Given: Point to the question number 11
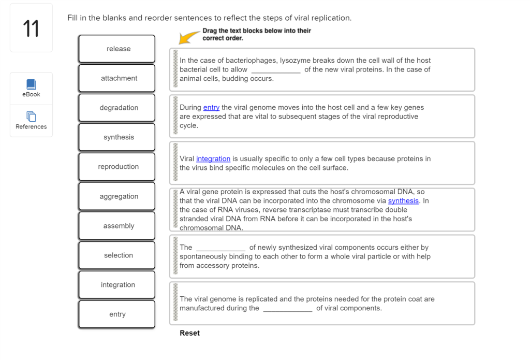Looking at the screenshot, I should point(31,28).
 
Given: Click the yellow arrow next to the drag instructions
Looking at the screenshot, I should point(189,37).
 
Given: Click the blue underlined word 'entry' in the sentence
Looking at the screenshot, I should point(211,108).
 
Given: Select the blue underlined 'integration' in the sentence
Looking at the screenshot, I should point(213,159).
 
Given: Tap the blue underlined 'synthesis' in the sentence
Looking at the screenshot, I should point(403,201).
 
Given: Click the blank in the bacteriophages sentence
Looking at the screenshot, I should point(275,70).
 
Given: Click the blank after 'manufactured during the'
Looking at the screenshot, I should point(288,309).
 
